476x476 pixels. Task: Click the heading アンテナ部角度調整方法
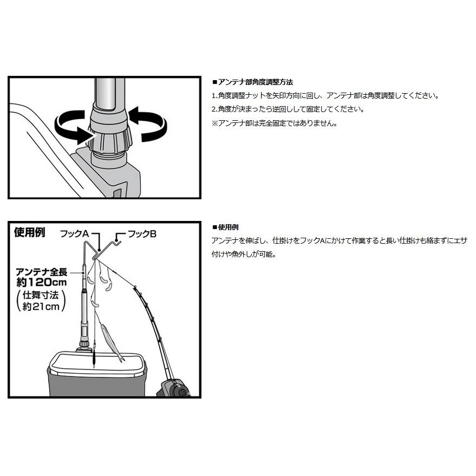coord(255,82)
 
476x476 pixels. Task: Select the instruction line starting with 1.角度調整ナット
coord(324,96)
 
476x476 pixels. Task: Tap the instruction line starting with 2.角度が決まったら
coord(287,109)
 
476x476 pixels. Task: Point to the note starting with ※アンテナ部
coord(275,123)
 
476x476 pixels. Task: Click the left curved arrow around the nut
coord(69,126)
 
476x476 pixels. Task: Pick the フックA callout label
coord(74,234)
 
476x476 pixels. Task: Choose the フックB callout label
coord(141,234)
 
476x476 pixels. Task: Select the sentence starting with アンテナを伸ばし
coord(339,240)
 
